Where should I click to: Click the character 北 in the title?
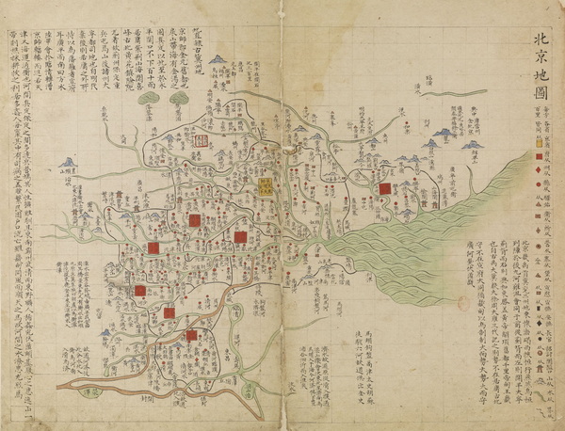click(x=538, y=40)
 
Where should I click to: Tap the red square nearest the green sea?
click(x=384, y=190)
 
